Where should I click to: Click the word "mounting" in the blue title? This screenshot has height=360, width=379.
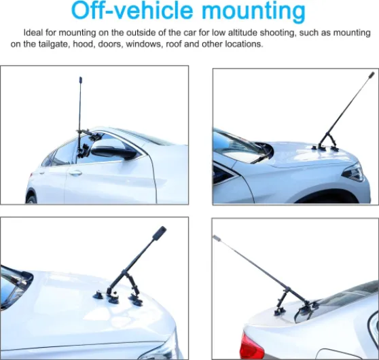(x=256, y=12)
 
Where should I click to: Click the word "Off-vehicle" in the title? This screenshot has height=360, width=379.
(x=132, y=11)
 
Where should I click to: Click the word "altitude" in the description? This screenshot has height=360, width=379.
(x=242, y=33)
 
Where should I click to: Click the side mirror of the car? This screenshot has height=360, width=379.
(x=113, y=152)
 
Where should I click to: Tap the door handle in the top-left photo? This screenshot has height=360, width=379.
(x=75, y=173)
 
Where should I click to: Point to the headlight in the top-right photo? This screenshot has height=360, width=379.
(x=354, y=172)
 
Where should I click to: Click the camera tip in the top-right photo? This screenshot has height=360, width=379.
(x=372, y=75)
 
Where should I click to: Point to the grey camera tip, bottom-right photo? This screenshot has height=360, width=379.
(x=217, y=238)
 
